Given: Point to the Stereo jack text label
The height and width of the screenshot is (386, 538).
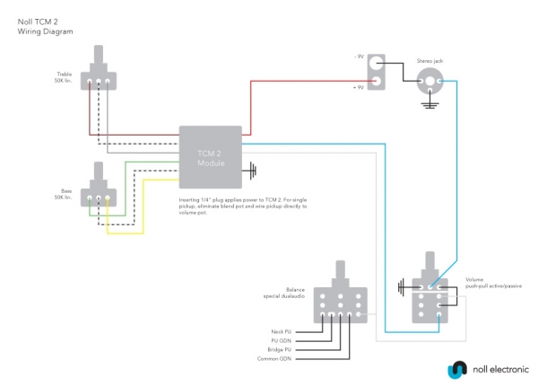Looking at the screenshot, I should (430, 61).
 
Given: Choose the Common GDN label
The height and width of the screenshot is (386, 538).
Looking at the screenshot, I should (276, 359).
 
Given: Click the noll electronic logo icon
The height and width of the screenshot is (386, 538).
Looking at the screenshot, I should (456, 369).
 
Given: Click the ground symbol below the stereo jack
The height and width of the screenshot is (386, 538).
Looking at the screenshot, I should (431, 106).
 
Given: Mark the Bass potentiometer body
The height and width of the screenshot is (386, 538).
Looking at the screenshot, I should (98, 196).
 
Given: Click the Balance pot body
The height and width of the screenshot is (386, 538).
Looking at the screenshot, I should (344, 305).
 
